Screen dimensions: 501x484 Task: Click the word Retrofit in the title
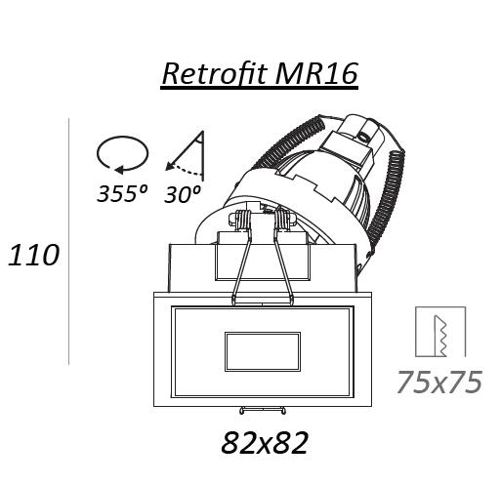(215, 73)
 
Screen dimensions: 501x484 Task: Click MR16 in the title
(316, 73)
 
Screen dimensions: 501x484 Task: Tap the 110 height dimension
(33, 256)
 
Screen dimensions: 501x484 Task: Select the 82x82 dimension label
(265, 443)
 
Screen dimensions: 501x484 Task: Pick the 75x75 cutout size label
(439, 382)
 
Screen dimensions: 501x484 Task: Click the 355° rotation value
(122, 193)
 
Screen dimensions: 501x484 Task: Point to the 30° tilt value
(183, 194)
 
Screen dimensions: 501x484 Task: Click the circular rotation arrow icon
(122, 153)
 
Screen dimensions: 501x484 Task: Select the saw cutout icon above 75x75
(440, 332)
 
